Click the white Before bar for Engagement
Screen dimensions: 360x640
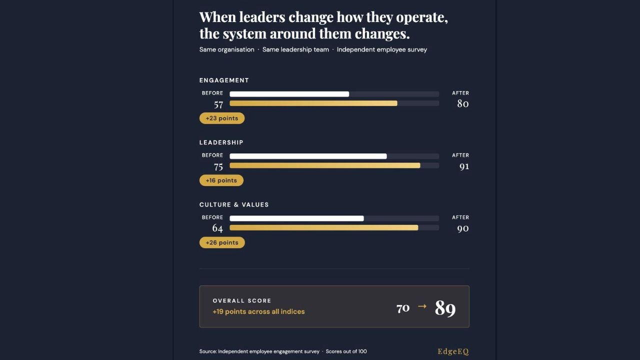(x=289, y=94)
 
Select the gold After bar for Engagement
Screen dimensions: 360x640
(x=313, y=103)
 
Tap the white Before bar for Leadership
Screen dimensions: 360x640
(x=308, y=156)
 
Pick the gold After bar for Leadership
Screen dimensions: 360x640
(x=324, y=165)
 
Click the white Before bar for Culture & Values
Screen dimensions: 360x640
(x=296, y=218)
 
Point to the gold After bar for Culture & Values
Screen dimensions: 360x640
(x=323, y=227)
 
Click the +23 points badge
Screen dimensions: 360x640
(x=221, y=118)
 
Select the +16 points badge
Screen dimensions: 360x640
(x=221, y=180)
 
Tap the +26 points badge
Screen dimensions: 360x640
(x=221, y=242)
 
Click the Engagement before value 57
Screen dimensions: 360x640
(x=218, y=104)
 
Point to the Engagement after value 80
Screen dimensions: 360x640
(x=462, y=104)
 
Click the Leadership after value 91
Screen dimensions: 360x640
(x=464, y=166)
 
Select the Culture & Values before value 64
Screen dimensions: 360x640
(x=217, y=228)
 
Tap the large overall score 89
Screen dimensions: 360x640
(x=445, y=308)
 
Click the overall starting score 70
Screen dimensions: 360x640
(x=403, y=308)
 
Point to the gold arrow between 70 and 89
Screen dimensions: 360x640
(x=422, y=306)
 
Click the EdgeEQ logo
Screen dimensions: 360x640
(x=453, y=351)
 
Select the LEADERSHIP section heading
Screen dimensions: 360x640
(x=221, y=142)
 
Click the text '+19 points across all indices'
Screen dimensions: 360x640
(x=258, y=311)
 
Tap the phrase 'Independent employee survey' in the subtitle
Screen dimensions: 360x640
(x=381, y=49)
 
